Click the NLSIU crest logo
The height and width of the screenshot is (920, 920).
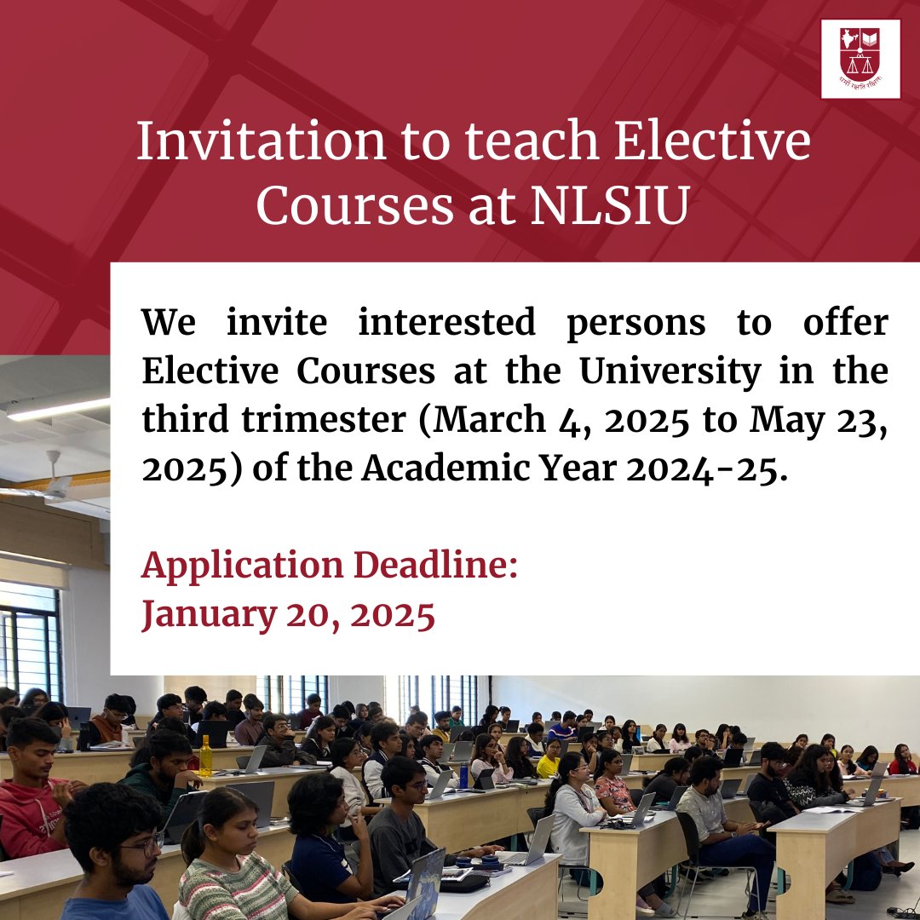click(860, 58)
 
